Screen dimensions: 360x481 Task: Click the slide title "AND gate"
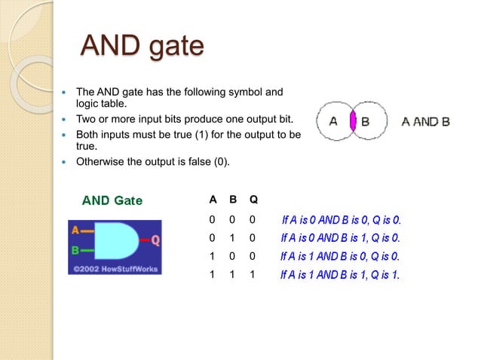coord(142,46)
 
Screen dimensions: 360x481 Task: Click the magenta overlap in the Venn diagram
coord(353,121)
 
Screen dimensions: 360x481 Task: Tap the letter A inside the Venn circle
coord(333,121)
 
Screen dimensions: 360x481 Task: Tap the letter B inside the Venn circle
coord(365,121)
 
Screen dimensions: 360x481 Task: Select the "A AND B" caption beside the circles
coord(425,121)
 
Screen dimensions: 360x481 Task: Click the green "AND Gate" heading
coord(112,200)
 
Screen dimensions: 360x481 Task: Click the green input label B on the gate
coord(75,249)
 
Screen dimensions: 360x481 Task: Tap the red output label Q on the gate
coord(155,240)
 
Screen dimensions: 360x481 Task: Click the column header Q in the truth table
coord(253,200)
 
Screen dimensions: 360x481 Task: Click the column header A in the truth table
coord(213,200)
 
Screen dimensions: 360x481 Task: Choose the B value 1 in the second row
coord(233,238)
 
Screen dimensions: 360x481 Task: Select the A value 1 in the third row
coord(213,257)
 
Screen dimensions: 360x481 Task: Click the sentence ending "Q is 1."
coord(340,275)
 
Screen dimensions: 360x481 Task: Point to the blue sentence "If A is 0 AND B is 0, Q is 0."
coord(342,220)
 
